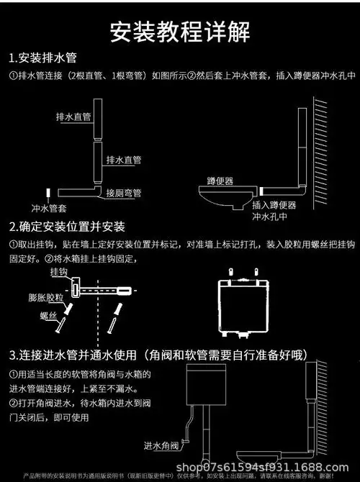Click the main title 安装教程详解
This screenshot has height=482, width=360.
click(x=180, y=31)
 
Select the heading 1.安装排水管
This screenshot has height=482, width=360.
click(x=45, y=58)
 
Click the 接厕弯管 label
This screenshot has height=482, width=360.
click(x=124, y=194)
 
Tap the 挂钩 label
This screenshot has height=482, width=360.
click(x=59, y=274)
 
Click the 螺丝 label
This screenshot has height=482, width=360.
click(x=48, y=316)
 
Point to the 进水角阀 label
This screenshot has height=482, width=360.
click(x=162, y=444)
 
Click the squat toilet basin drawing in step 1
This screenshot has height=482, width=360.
click(x=225, y=196)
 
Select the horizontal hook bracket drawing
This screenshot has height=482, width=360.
click(x=104, y=290)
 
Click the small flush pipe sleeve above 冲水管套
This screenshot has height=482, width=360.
click(x=48, y=194)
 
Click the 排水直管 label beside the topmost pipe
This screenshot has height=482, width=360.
click(x=73, y=116)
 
